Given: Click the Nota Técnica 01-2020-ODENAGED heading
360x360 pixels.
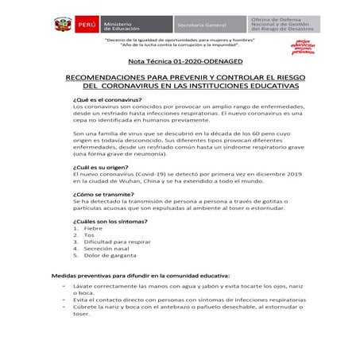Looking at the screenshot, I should [180, 60].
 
